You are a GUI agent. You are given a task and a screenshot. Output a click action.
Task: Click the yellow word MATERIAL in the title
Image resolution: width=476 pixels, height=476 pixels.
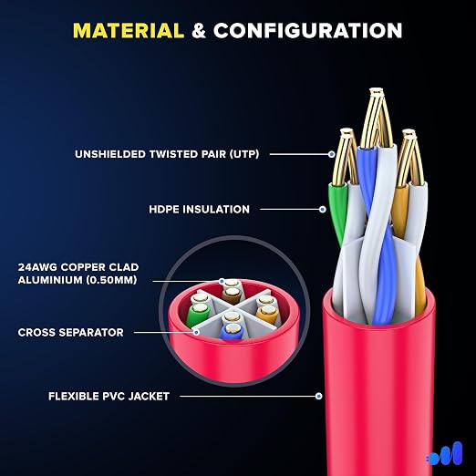click(129, 31)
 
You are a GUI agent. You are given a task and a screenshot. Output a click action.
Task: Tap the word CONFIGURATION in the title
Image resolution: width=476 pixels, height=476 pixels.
click(307, 31)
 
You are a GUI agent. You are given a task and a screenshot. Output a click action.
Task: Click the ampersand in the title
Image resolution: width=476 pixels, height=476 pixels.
click(199, 31)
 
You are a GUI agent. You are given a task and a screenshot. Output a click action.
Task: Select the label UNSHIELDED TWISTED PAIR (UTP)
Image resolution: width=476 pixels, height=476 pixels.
click(167, 154)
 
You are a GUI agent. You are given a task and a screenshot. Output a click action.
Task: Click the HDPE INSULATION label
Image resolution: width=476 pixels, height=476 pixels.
click(199, 210)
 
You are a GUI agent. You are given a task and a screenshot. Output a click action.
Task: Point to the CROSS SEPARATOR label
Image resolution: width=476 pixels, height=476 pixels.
click(71, 332)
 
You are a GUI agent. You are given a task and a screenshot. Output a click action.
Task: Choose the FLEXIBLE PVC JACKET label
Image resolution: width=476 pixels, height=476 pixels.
click(109, 397)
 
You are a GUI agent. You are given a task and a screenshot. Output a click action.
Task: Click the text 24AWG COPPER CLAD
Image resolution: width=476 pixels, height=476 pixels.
click(78, 267)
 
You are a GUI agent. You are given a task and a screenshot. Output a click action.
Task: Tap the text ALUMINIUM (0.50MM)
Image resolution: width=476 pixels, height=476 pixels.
click(78, 280)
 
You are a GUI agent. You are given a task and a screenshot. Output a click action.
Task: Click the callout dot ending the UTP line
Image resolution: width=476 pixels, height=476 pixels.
click(332, 154)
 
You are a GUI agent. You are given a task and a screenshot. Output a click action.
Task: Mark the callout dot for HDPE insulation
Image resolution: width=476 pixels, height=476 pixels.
click(323, 210)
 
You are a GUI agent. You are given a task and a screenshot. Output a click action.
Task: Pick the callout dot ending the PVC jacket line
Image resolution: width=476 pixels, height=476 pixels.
click(318, 396)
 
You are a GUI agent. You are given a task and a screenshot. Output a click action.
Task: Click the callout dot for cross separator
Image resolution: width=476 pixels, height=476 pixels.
click(197, 332)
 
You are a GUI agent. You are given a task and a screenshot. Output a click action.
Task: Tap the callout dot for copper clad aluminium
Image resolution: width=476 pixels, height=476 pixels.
click(222, 281)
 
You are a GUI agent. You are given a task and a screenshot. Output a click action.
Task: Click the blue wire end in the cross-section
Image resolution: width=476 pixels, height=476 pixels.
click(232, 332)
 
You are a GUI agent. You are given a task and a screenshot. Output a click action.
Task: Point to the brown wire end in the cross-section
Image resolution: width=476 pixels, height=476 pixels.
click(233, 295)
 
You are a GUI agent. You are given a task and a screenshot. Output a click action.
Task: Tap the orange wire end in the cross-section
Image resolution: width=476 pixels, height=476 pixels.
click(267, 315)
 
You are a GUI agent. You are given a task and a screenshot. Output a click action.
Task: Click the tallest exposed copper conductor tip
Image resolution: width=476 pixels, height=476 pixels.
click(377, 90)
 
